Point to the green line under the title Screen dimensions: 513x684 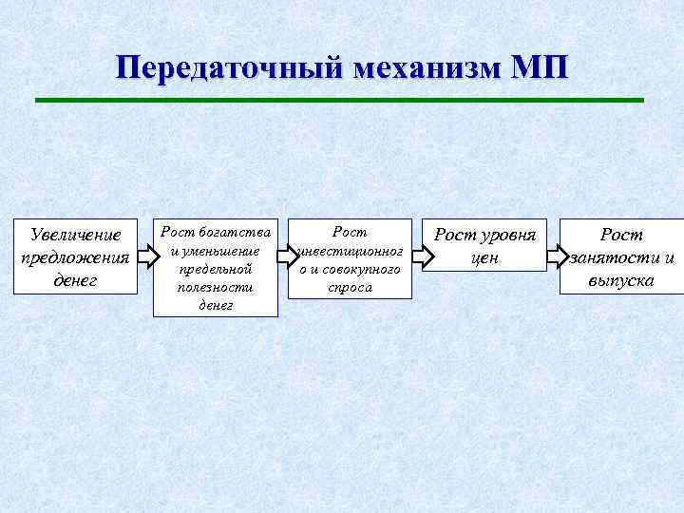pos(339,100)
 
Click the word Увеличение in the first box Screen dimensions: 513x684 pos(75,235)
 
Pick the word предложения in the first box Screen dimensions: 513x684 pos(75,257)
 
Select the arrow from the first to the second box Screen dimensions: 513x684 pos(145,256)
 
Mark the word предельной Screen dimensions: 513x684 pos(215,270)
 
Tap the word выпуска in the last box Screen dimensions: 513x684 pos(621,281)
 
